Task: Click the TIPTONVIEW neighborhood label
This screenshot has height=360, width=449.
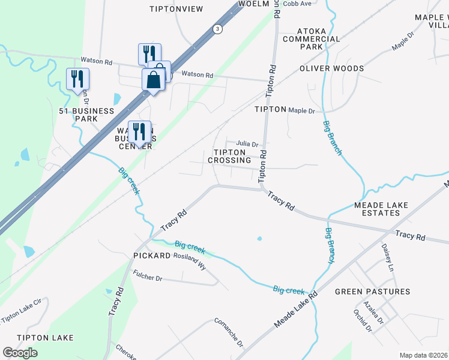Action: click(176, 8)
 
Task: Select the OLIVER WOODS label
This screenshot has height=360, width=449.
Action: click(332, 68)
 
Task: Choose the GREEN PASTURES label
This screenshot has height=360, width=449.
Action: click(372, 292)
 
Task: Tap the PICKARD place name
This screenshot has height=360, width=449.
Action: click(152, 256)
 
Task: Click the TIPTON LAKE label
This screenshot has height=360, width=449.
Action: click(45, 338)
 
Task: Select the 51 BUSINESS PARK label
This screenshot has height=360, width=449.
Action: click(86, 115)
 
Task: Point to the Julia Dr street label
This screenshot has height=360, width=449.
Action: click(247, 144)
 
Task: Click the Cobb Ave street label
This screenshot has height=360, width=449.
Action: click(297, 4)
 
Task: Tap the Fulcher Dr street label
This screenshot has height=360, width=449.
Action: click(147, 278)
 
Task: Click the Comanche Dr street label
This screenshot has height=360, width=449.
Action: click(229, 333)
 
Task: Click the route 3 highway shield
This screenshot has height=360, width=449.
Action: click(217, 28)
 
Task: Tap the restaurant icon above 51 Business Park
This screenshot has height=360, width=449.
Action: click(77, 79)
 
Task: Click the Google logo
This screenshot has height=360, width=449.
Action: click(20, 353)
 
